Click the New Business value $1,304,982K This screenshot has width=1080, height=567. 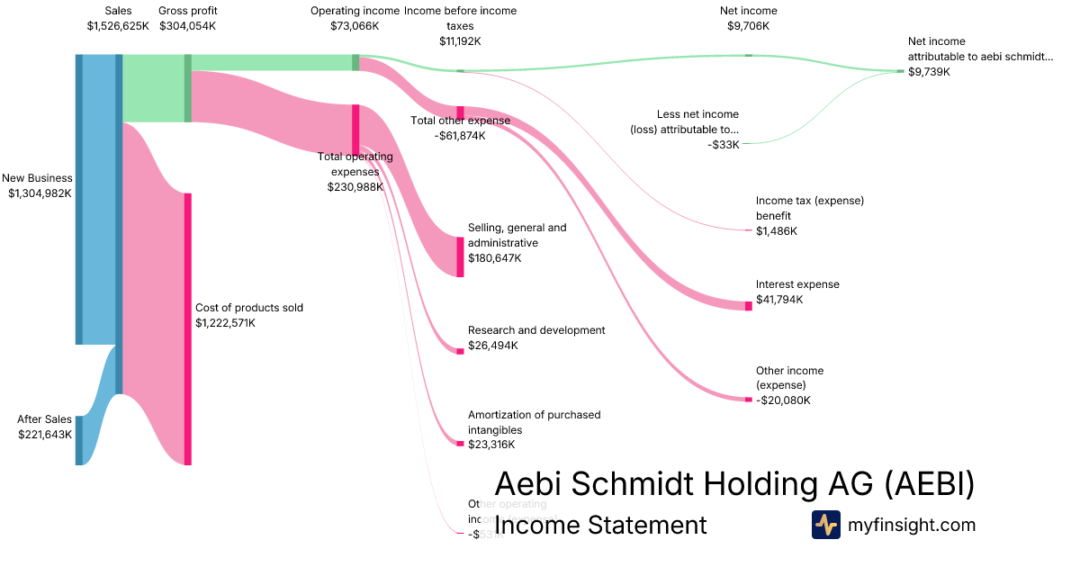(x=40, y=193)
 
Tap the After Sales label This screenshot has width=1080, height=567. (x=45, y=419)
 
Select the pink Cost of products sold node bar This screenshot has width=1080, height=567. (x=188, y=328)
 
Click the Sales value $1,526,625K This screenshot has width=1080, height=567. (x=118, y=26)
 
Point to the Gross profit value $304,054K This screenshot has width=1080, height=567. (x=187, y=26)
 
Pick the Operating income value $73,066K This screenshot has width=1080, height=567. (x=355, y=26)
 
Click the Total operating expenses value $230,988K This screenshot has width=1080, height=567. (x=355, y=187)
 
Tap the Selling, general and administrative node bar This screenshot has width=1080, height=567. (x=460, y=256)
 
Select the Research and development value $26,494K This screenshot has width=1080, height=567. (x=493, y=346)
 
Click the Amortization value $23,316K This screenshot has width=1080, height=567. (x=493, y=445)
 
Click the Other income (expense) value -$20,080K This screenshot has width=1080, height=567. (x=783, y=400)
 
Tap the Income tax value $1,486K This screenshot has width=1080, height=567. (x=777, y=231)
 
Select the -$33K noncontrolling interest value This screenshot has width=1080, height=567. (x=724, y=144)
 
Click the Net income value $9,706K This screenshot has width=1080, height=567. (x=748, y=26)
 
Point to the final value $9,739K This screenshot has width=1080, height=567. (x=929, y=72)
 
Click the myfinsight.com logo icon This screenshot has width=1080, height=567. (x=825, y=525)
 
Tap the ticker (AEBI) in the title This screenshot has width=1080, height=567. (x=928, y=484)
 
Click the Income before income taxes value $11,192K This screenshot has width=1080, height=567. (x=460, y=41)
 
